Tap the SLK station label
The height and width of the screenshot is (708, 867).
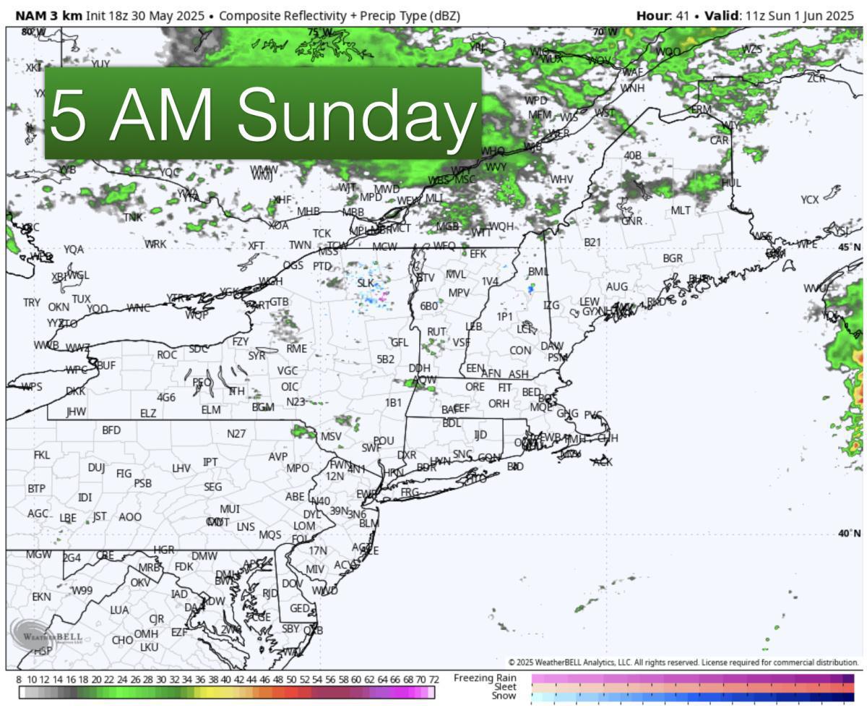(366, 283)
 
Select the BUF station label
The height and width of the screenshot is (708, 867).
(105, 365)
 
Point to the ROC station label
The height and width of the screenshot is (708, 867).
(167, 355)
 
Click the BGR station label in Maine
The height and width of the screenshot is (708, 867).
(673, 258)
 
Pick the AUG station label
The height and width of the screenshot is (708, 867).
(616, 287)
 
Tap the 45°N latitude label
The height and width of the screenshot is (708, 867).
(849, 247)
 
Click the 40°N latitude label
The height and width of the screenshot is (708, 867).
(849, 534)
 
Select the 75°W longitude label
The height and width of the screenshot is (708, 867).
(319, 33)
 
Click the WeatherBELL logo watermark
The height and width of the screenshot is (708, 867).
(45, 635)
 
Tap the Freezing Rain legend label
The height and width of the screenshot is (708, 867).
(485, 678)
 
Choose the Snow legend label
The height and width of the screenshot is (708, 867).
(504, 696)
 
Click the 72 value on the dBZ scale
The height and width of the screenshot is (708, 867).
(434, 681)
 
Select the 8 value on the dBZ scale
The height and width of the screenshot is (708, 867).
(20, 681)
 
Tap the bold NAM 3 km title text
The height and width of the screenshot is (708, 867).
(44, 15)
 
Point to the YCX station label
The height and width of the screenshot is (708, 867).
(809, 200)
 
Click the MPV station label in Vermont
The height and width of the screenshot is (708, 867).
(459, 293)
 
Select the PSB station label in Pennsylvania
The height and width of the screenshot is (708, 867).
(143, 483)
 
